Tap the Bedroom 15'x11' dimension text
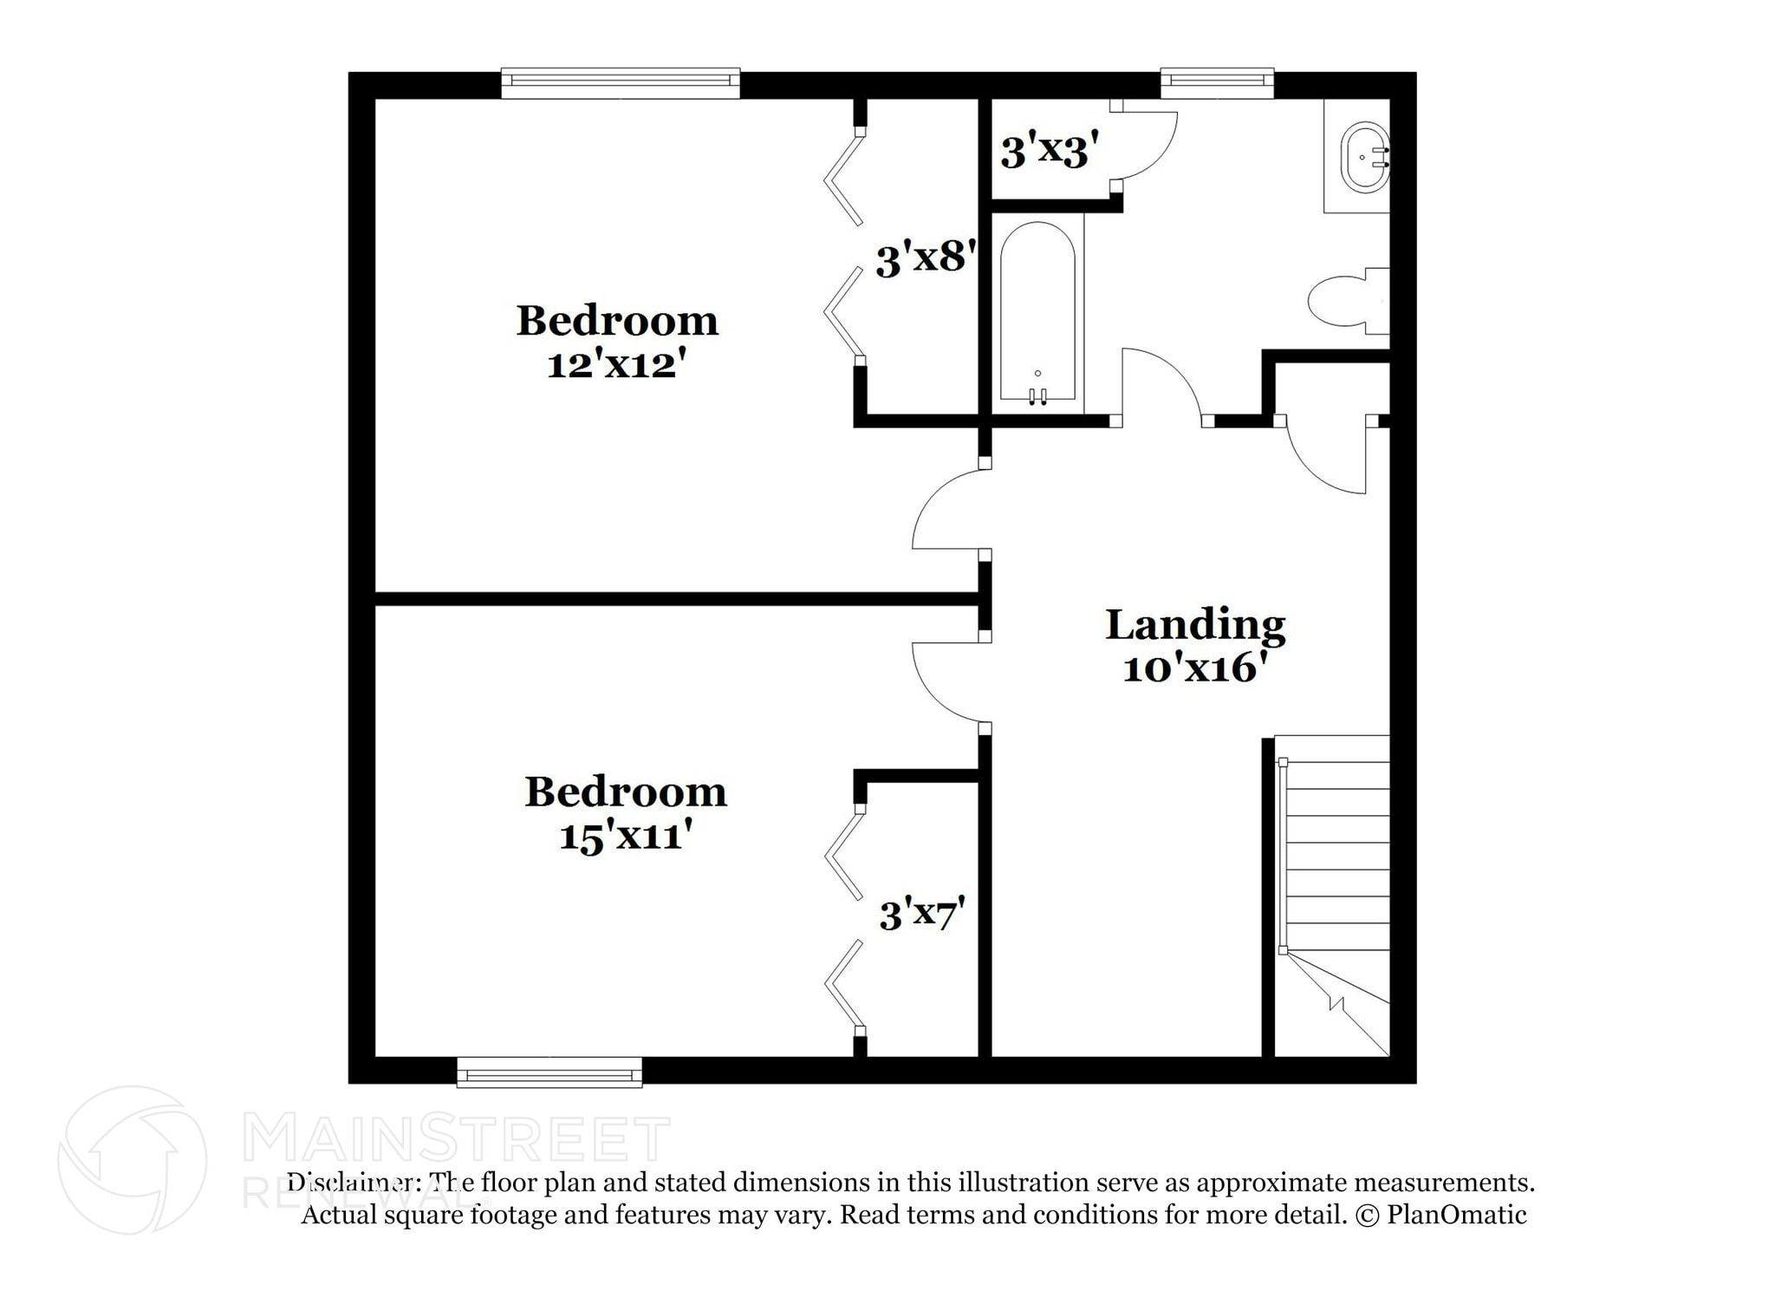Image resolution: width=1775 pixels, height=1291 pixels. [x=625, y=837]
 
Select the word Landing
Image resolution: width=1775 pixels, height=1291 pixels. [x=1195, y=625]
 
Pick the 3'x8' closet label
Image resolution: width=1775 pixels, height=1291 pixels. [x=926, y=258]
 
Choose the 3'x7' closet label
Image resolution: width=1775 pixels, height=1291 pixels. [x=921, y=915]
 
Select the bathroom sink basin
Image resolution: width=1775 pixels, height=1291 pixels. [x=1364, y=158]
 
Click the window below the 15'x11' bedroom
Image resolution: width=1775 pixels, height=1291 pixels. [x=549, y=1073]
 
